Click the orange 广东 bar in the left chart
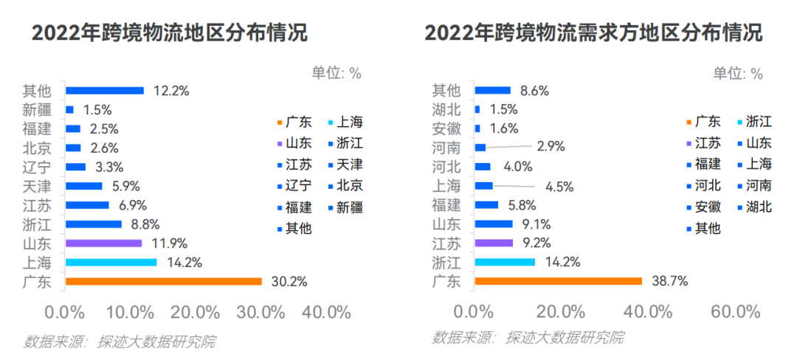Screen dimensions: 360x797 pyautogui.click(x=163, y=281)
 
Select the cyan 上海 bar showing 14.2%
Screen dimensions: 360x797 pyautogui.click(x=111, y=262)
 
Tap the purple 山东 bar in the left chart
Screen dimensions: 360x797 pyautogui.click(x=103, y=243)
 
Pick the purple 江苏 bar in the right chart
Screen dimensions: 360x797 pyautogui.click(x=493, y=243)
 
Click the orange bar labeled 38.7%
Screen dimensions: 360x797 pyautogui.click(x=558, y=281)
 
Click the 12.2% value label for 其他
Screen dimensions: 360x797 pyautogui.click(x=171, y=91)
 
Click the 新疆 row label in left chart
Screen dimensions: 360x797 pyautogui.click(x=37, y=110)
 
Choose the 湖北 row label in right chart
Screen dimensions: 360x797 pyautogui.click(x=446, y=110)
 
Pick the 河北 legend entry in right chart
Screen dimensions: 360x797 pyautogui.click(x=700, y=186)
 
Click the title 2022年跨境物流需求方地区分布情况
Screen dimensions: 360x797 pyautogui.click(x=593, y=33)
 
